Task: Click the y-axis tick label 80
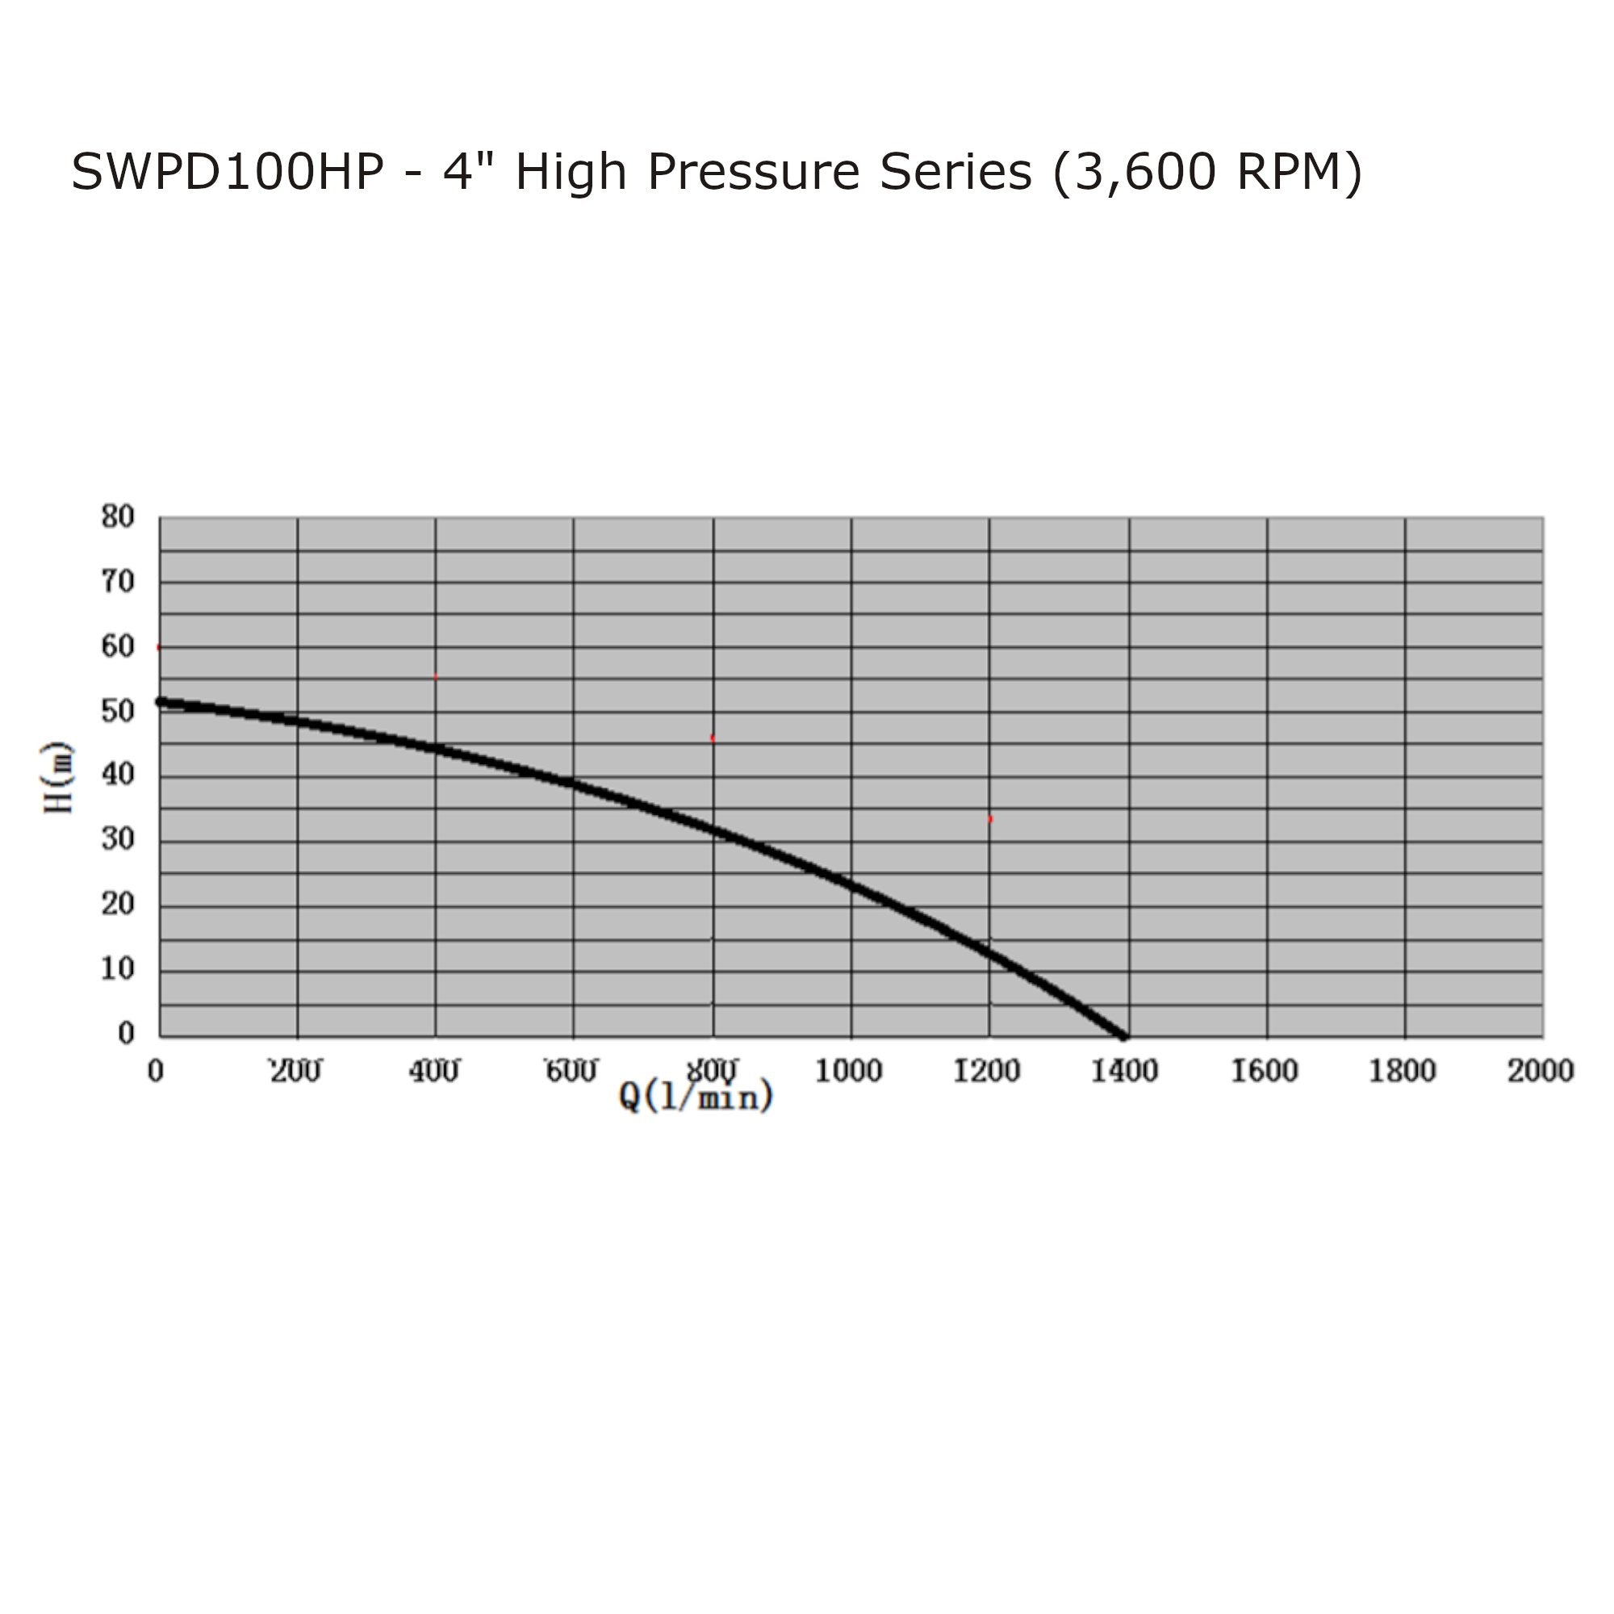tap(118, 517)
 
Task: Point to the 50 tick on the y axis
tap(118, 712)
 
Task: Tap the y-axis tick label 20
tap(118, 904)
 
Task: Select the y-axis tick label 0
tap(126, 1034)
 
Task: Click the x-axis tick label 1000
tap(848, 1071)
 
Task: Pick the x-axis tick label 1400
tap(1124, 1071)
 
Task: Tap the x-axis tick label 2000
tap(1541, 1071)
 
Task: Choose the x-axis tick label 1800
tap(1402, 1071)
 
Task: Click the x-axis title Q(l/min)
tap(696, 1096)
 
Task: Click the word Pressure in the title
tap(753, 173)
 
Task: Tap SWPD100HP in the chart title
tap(228, 173)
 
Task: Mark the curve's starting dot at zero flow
tap(161, 702)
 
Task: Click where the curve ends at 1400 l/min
tap(1123, 1036)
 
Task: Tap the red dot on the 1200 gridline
tap(990, 820)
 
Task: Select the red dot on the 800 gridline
tap(712, 738)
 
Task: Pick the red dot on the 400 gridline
tap(435, 677)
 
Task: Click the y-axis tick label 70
tap(118, 583)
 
